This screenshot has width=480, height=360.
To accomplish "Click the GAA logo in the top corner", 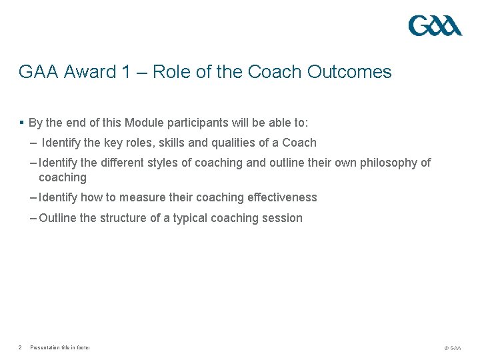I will click(x=435, y=26).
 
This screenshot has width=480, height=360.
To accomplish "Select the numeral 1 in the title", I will click(x=127, y=72).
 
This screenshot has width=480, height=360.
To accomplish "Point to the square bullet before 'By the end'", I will click(x=22, y=123).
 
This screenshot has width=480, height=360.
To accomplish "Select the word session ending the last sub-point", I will click(x=283, y=218).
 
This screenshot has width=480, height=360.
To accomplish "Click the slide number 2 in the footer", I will click(x=21, y=347).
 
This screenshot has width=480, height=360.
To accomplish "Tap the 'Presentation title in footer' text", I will click(x=60, y=347).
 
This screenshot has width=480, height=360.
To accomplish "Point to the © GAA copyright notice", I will click(x=452, y=348).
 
